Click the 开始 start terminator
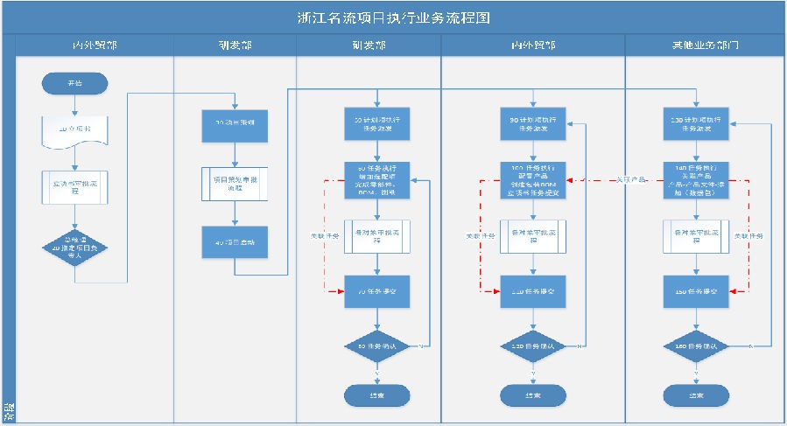[74, 83]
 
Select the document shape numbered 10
[74, 130]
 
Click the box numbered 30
[234, 124]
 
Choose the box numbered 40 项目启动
[234, 242]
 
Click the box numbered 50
[376, 123]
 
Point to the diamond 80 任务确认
[376, 346]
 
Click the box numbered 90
[533, 123]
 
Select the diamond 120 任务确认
[533, 346]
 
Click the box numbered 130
[696, 123]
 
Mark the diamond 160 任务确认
[696, 346]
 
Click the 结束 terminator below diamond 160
[696, 395]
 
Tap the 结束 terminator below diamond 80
[376, 395]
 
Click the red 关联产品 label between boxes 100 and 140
[629, 179]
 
